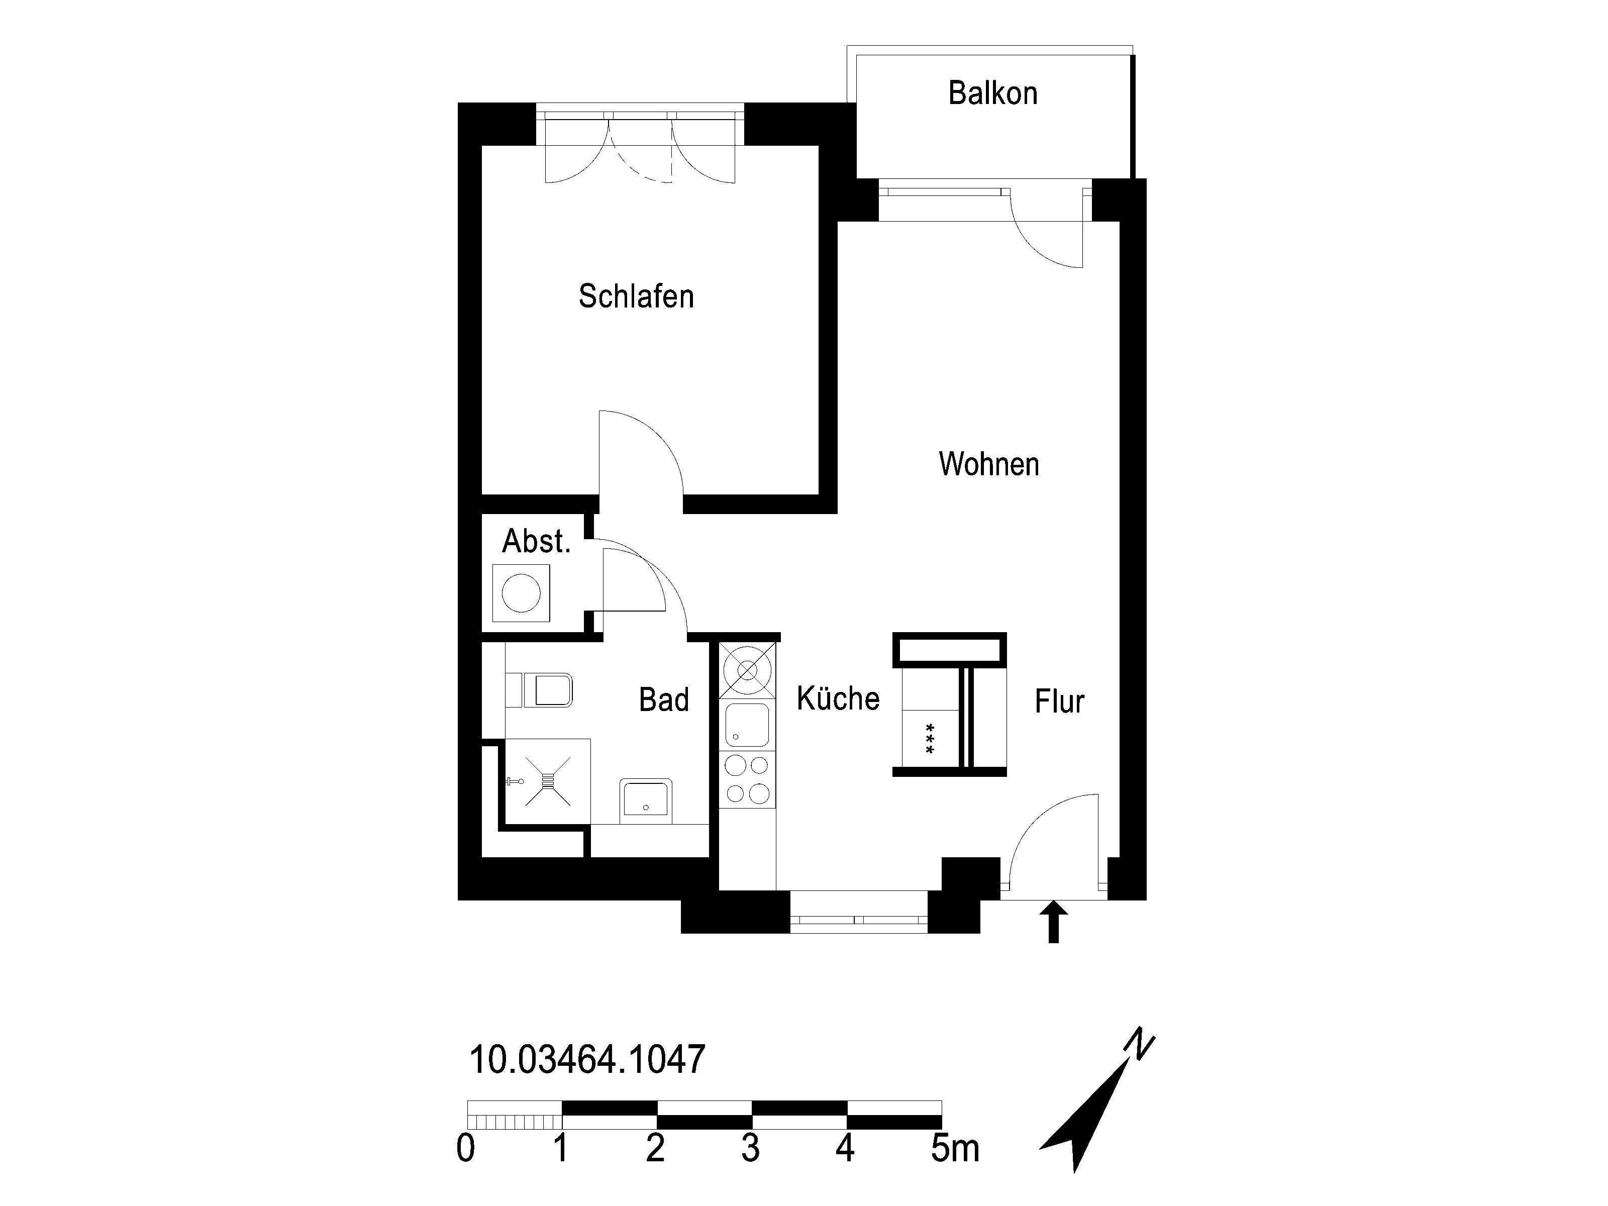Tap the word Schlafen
(x=636, y=296)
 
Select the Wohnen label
(x=988, y=464)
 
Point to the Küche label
(x=838, y=698)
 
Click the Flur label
(x=1059, y=701)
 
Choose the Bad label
(x=664, y=700)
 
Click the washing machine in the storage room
(x=521, y=593)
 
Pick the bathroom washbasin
(x=646, y=800)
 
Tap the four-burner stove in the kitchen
(x=747, y=780)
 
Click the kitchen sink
(x=747, y=724)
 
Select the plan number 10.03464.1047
(x=587, y=1059)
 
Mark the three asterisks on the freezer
(x=930, y=739)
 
